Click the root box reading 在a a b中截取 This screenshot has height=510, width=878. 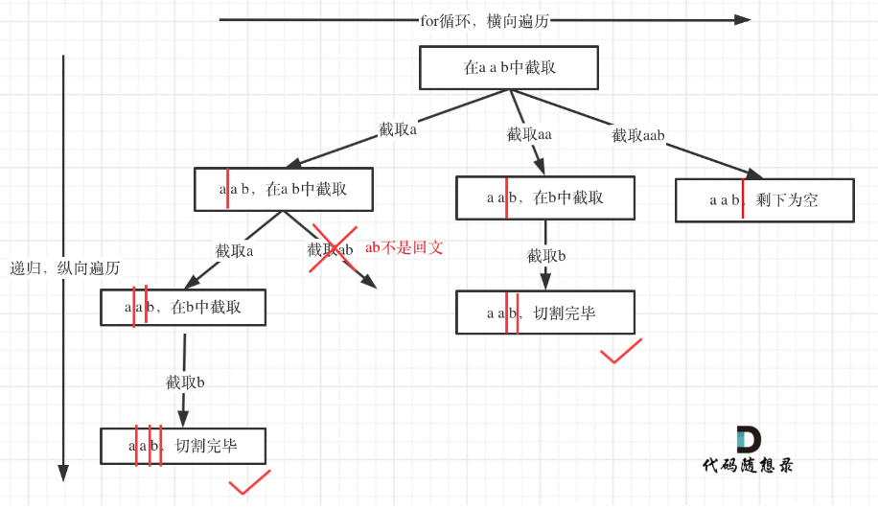pyautogui.click(x=509, y=68)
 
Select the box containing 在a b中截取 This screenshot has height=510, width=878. pyautogui.click(x=283, y=190)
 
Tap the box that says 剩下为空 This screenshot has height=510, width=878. pyautogui.click(x=764, y=200)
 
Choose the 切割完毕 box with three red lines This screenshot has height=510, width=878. pyautogui.click(x=183, y=447)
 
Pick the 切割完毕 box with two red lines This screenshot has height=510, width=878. pyautogui.click(x=544, y=313)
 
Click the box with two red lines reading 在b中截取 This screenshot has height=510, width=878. pyautogui.click(x=183, y=308)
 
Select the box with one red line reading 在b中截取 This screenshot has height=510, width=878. pyautogui.click(x=544, y=198)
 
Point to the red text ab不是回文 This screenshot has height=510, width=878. pyautogui.click(x=404, y=247)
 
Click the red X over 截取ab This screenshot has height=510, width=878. pyautogui.click(x=333, y=249)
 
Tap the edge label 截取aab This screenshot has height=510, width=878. pyautogui.click(x=638, y=136)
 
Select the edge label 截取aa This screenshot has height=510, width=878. pyautogui.click(x=529, y=134)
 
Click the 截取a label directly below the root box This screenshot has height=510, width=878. pyautogui.click(x=398, y=129)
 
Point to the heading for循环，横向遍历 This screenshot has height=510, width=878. pyautogui.click(x=485, y=20)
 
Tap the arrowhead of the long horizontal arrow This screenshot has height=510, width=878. pyautogui.click(x=743, y=19)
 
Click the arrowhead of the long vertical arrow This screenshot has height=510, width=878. pyautogui.click(x=63, y=473)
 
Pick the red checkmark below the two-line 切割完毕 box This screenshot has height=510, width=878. pyautogui.click(x=620, y=352)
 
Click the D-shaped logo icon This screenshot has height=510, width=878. pyautogui.click(x=748, y=440)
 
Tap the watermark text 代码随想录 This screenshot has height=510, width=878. pyautogui.click(x=748, y=466)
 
